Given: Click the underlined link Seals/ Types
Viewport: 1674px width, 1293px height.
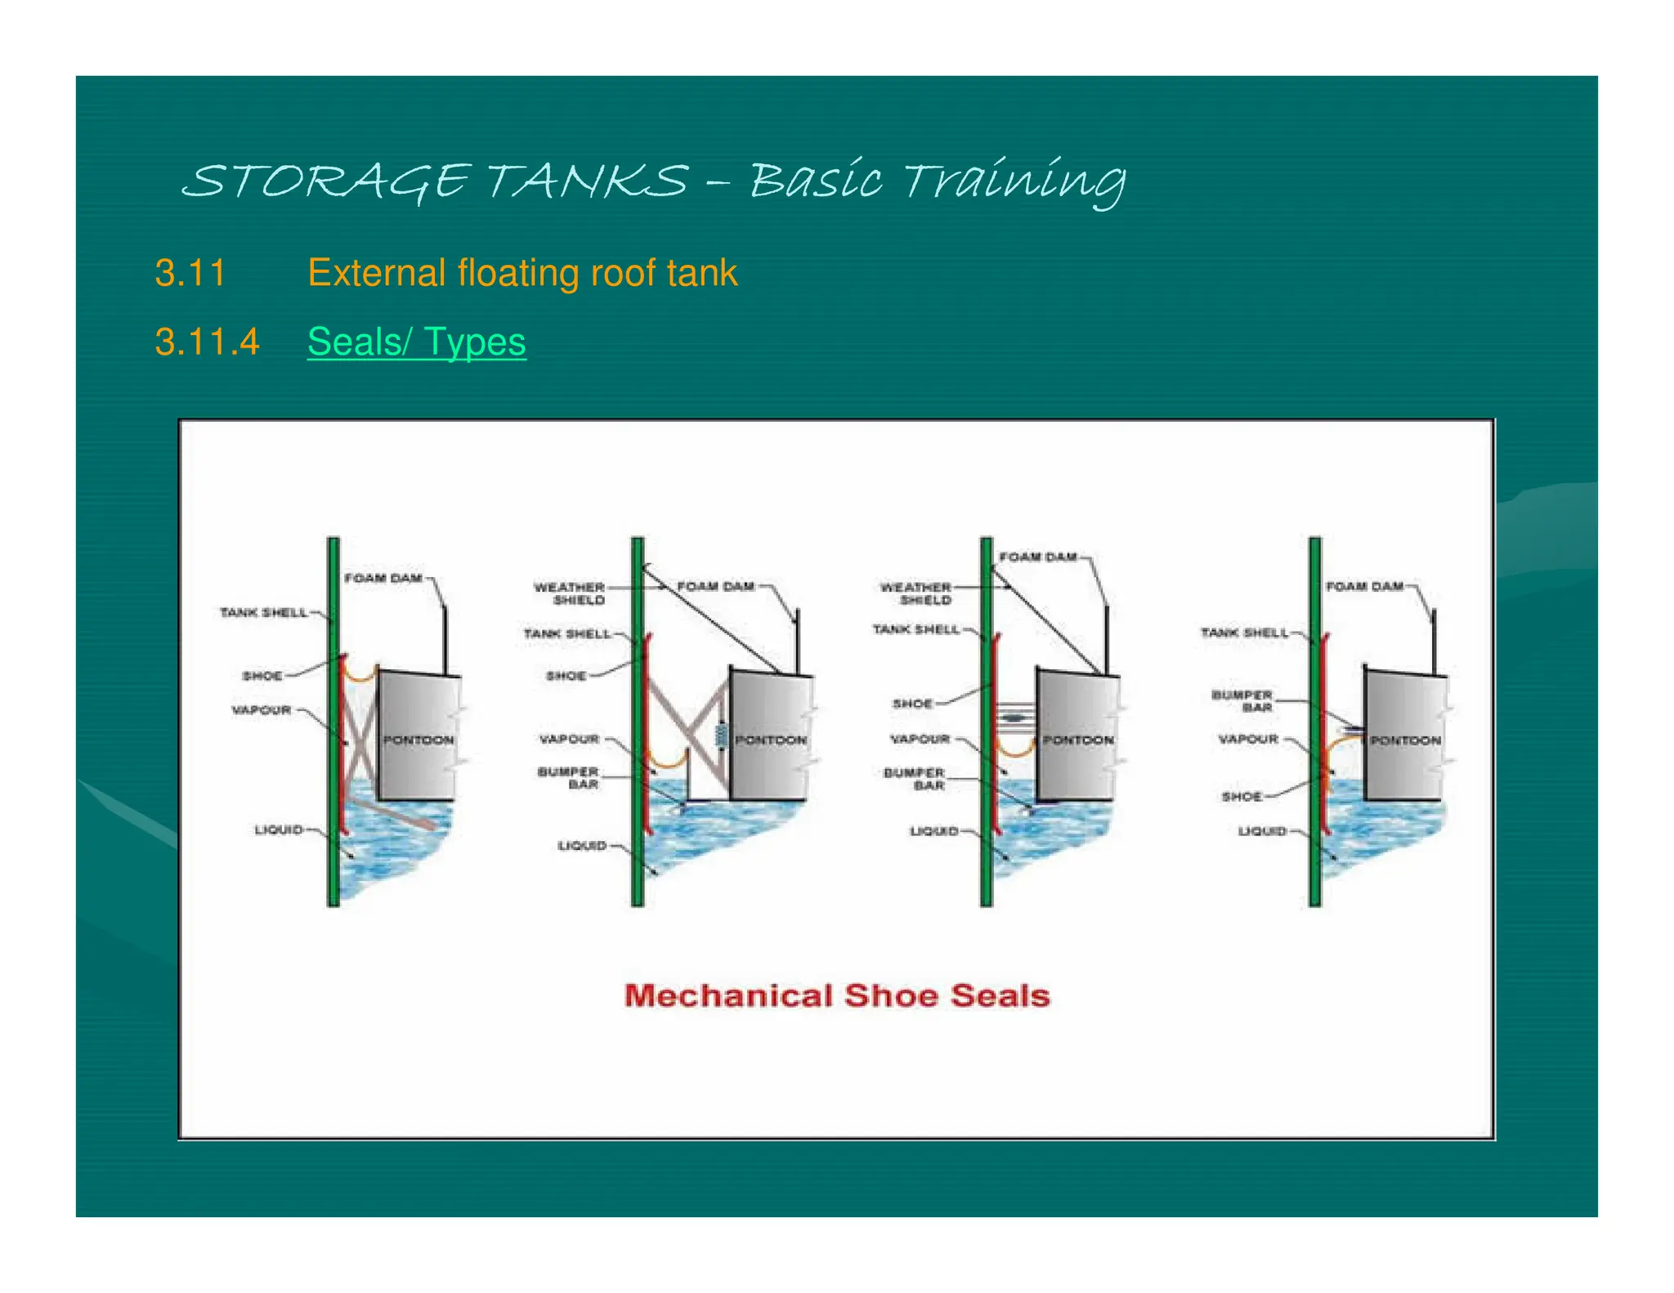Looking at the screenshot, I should click(416, 342).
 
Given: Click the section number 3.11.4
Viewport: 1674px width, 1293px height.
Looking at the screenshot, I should click(207, 342).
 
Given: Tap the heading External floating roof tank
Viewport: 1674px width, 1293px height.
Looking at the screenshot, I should click(522, 273).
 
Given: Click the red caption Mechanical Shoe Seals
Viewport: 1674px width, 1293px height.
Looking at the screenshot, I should click(837, 995).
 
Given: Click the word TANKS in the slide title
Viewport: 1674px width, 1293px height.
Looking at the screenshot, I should click(588, 181).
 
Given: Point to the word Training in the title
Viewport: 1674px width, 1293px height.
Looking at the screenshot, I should click(1014, 181).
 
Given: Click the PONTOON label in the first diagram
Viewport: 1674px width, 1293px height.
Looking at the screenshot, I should click(418, 740).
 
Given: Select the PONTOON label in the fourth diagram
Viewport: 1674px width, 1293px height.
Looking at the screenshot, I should click(1405, 740).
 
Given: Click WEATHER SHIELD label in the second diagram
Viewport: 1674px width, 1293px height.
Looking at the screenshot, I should click(570, 593).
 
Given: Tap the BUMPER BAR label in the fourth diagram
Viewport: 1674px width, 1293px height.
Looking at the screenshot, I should click(1242, 700).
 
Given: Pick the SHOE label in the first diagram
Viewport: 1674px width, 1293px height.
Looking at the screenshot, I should click(262, 676).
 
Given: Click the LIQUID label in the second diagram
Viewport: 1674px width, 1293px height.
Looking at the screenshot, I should click(582, 845).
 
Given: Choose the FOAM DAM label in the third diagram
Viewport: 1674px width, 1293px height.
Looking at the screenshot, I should click(1038, 557).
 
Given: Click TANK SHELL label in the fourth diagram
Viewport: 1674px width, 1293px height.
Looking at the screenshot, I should click(1244, 633).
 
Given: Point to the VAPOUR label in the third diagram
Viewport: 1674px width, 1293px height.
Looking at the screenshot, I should click(920, 739).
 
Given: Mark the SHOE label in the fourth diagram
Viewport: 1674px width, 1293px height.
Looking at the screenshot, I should click(1242, 796).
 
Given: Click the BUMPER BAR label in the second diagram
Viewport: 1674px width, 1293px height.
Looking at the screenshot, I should click(569, 777).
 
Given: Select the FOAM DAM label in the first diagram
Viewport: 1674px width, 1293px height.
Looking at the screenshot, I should click(383, 578).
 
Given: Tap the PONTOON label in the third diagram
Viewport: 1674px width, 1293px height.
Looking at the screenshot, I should click(1078, 740).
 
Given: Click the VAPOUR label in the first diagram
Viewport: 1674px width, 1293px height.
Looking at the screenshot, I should click(262, 709).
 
